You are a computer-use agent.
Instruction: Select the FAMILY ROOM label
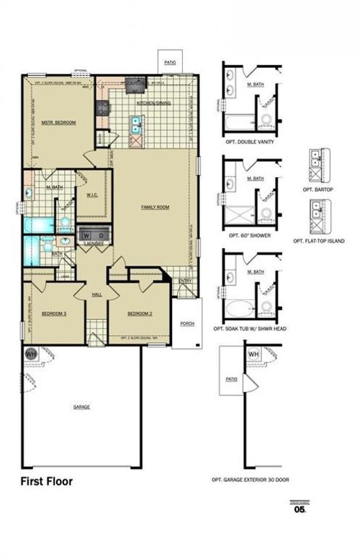[154, 207]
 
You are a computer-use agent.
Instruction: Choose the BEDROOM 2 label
[139, 314]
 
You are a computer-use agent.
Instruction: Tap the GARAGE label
[81, 407]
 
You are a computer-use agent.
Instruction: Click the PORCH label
[187, 324]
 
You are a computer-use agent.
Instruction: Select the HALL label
[96, 295]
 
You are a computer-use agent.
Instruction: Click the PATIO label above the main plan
[170, 63]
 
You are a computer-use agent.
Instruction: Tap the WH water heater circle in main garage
[31, 355]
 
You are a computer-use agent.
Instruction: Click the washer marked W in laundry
[86, 235]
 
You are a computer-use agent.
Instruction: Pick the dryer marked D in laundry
[101, 235]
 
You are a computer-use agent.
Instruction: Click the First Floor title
[46, 481]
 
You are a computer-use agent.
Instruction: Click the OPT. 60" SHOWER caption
[249, 234]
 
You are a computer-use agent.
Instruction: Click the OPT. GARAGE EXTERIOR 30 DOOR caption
[249, 481]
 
